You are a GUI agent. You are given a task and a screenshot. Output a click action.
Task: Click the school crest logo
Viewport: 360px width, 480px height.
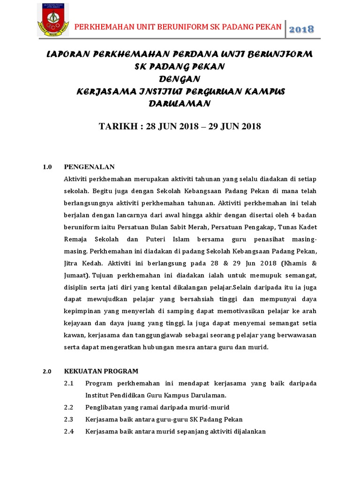(53, 20)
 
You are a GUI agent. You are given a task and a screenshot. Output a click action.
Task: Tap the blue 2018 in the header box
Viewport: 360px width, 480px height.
(301, 29)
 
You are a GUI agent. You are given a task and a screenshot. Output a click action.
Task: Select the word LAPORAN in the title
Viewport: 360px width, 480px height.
(67, 55)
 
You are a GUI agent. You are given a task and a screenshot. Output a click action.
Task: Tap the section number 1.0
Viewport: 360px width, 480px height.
(47, 167)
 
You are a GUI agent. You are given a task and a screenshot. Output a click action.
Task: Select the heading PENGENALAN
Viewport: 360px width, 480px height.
(89, 167)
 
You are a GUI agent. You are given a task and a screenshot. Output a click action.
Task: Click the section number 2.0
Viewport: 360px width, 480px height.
(47, 371)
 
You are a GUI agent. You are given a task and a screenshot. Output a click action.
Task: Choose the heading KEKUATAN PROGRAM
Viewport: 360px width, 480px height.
(101, 371)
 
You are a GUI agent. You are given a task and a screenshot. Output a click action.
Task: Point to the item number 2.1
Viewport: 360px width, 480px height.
(69, 383)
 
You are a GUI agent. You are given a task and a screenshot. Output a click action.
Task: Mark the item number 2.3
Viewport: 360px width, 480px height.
(69, 420)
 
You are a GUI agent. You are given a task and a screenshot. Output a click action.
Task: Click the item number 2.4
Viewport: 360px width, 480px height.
(69, 432)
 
